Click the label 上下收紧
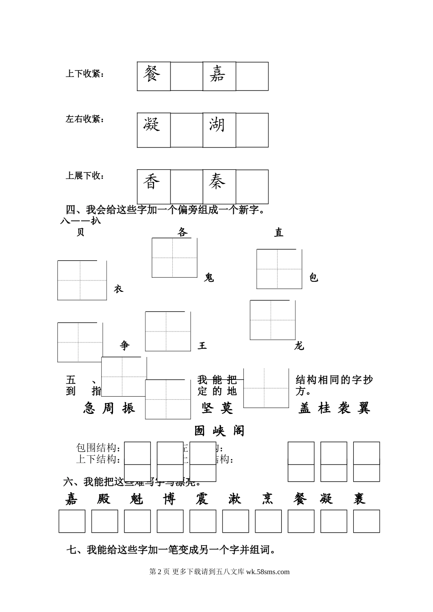(85, 74)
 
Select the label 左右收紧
(85, 119)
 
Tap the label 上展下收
(85, 176)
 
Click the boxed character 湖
(217, 124)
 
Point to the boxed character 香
(152, 182)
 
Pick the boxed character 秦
(217, 182)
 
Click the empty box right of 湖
(252, 130)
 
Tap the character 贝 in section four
(80, 233)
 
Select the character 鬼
(209, 278)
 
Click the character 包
(314, 278)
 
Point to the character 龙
(299, 346)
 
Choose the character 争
(124, 346)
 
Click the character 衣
(119, 289)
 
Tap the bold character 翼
(364, 408)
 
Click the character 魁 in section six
(136, 499)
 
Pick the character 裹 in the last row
(359, 499)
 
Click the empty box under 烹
(268, 521)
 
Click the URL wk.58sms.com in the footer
(268, 572)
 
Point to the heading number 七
(72, 550)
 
